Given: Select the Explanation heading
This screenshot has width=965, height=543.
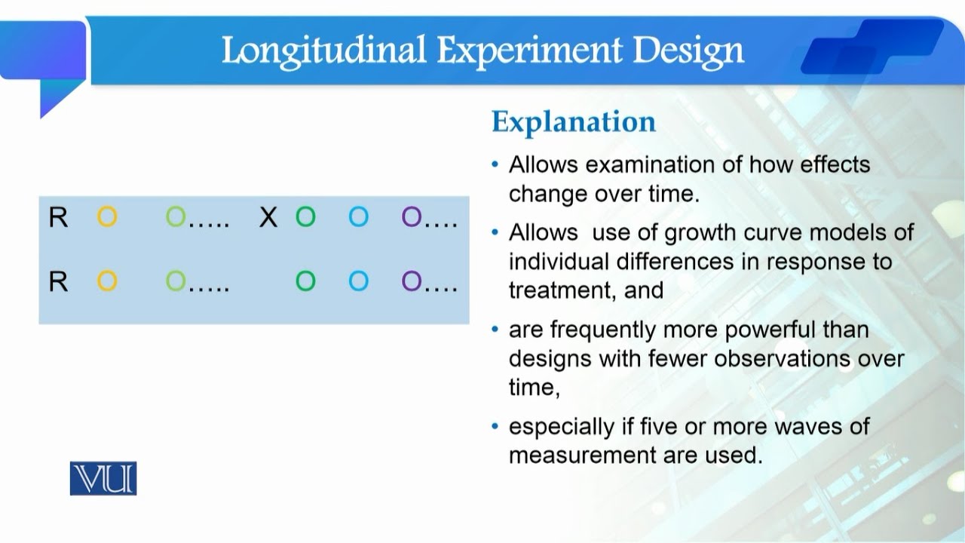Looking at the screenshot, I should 573,121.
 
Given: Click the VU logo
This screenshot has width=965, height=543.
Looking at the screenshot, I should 103,478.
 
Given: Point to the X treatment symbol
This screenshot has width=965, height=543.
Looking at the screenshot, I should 268,218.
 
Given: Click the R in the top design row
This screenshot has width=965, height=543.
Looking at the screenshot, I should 58,218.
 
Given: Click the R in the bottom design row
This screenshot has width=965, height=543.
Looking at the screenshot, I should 58,282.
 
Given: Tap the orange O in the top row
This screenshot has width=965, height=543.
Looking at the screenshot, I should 107,218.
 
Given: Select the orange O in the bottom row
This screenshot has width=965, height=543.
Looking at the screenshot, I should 107,282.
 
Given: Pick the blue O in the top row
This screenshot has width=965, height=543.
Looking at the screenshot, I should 358,218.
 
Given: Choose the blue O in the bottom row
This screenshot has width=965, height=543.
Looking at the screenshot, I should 358,282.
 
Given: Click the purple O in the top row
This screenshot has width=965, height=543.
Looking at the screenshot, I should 412,218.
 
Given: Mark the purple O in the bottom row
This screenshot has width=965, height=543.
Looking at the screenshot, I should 412,282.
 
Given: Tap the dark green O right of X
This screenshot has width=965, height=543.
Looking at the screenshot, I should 305,218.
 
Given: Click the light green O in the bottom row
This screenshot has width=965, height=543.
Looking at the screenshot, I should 176,282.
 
